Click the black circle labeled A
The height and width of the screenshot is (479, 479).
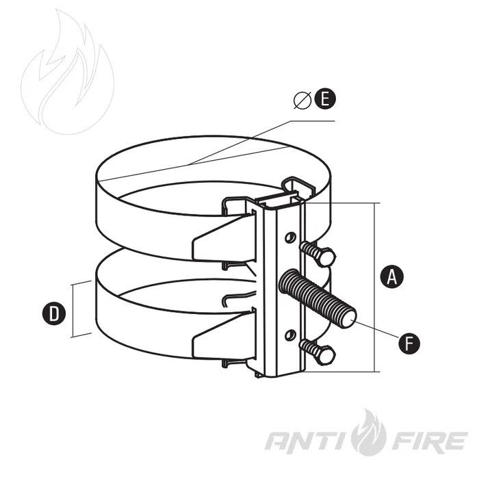(391, 276)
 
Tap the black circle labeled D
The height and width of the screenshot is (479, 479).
(54, 313)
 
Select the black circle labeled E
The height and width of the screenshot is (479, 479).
(325, 99)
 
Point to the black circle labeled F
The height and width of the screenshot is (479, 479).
(409, 343)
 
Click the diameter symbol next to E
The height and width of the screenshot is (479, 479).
(302, 100)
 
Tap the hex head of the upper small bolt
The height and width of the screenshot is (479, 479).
(326, 257)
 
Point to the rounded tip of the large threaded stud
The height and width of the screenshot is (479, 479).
(349, 320)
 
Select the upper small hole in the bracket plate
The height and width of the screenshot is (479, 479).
(290, 237)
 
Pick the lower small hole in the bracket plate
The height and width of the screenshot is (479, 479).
(290, 335)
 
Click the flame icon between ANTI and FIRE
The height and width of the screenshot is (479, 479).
(369, 432)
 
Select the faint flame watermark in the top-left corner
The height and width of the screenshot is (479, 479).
(68, 72)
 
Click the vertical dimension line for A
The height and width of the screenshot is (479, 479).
(375, 287)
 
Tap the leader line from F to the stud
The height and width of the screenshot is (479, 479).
(376, 328)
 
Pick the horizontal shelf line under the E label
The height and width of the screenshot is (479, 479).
(312, 121)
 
